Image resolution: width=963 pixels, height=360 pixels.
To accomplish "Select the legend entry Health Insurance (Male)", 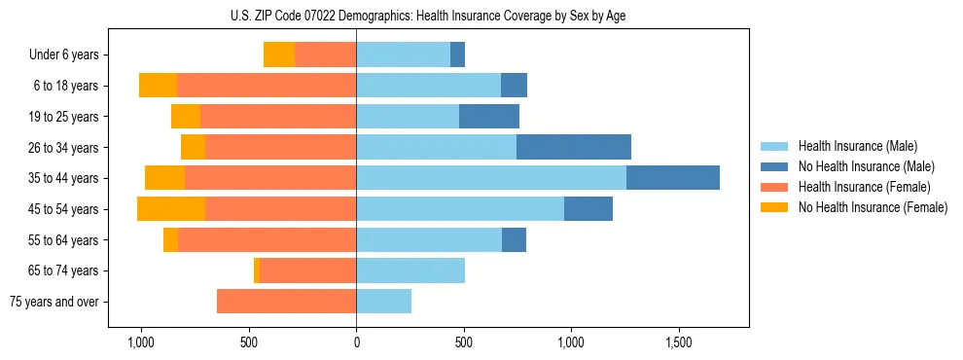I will [x=857, y=146].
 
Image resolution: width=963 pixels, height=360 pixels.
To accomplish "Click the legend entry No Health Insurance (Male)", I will [x=866, y=166].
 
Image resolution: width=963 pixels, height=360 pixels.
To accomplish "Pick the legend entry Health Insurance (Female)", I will [x=864, y=187].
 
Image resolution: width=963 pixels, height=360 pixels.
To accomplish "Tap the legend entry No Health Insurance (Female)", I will [x=873, y=207].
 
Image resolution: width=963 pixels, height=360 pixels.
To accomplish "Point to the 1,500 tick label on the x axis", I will [x=678, y=343].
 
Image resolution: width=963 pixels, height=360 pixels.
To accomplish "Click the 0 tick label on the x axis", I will [x=356, y=343].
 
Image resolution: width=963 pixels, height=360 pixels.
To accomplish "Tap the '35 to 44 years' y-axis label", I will [x=64, y=178].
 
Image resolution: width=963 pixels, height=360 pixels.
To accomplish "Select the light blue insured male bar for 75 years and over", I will [x=383, y=302].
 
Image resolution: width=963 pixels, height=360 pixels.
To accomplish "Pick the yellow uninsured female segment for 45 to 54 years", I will [x=171, y=209].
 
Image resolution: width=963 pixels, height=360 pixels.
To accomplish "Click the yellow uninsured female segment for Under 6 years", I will [x=279, y=55].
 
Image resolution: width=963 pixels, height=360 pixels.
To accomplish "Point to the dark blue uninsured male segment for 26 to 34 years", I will [x=574, y=148].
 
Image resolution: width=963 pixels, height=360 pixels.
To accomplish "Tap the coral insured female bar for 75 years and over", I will [x=286, y=302].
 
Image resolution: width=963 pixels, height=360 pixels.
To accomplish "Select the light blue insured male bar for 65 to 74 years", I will [x=410, y=270].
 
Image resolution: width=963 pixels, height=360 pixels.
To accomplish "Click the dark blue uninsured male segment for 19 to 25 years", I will [x=489, y=117].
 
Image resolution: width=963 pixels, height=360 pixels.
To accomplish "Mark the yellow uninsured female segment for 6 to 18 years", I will [x=158, y=86].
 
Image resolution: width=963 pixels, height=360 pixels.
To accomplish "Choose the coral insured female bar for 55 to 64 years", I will [x=267, y=240].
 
